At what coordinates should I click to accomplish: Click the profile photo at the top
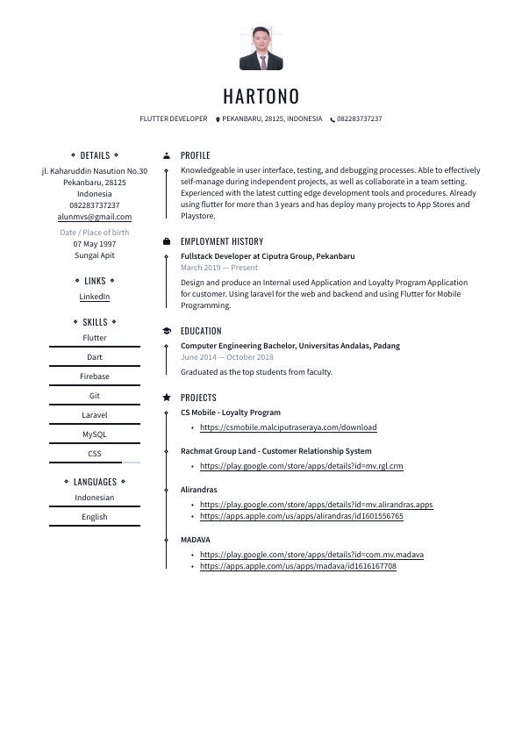[x=261, y=48]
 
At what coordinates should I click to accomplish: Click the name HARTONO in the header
[x=261, y=96]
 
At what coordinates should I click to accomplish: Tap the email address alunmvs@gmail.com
[x=95, y=217]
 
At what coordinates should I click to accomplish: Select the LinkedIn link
[x=95, y=297]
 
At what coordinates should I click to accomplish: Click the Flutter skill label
[x=95, y=338]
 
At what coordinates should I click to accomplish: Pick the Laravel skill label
[x=95, y=415]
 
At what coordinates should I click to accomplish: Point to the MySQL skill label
[x=95, y=434]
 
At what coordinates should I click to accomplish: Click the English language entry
[x=95, y=517]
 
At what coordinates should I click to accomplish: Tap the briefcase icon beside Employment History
[x=167, y=241]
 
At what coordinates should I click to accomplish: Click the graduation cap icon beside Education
[x=167, y=331]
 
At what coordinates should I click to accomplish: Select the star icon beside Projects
[x=167, y=398]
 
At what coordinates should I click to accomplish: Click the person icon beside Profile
[x=167, y=155]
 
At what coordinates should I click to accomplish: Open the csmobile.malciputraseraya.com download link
[x=288, y=427]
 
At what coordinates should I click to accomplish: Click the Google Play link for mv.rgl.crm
[x=301, y=466]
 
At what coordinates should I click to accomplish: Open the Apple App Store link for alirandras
[x=301, y=517]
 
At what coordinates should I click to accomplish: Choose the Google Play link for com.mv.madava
[x=311, y=555]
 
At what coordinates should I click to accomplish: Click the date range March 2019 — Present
[x=219, y=268]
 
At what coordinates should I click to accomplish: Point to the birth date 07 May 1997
[x=95, y=244]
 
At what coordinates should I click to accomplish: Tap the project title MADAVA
[x=195, y=540]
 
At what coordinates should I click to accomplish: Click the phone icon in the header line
[x=333, y=119]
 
